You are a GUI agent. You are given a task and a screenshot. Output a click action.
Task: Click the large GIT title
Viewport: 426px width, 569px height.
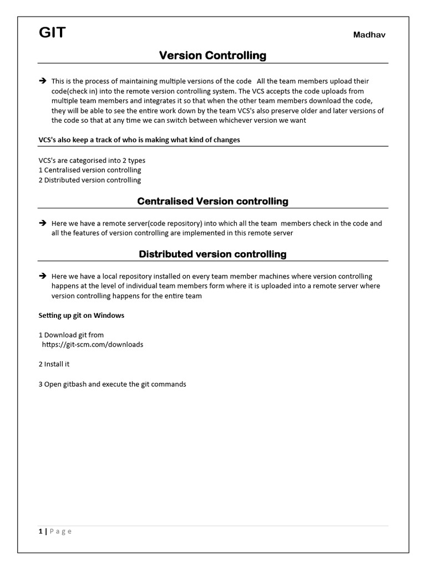(x=52, y=33)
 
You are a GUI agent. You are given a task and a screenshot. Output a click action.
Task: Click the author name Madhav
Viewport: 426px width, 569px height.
(x=369, y=35)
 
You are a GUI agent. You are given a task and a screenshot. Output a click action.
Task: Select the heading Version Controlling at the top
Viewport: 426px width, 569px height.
(x=212, y=56)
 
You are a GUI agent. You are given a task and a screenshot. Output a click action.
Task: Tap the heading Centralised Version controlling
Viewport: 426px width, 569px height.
(x=212, y=201)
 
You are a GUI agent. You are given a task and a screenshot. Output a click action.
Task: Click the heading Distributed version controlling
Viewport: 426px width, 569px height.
(x=212, y=254)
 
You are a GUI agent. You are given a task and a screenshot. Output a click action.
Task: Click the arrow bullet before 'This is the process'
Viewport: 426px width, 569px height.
(x=42, y=81)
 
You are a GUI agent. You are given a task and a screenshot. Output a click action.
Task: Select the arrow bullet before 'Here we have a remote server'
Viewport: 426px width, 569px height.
(x=42, y=223)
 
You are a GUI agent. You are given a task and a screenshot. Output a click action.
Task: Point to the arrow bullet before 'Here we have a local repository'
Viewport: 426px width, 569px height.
(x=42, y=276)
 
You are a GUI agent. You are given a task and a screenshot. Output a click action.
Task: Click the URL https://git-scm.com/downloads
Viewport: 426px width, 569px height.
(x=93, y=345)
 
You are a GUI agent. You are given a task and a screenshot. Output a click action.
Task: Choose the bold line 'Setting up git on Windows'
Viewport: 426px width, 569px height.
(x=81, y=315)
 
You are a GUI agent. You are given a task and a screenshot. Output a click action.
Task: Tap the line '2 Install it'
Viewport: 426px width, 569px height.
(x=54, y=364)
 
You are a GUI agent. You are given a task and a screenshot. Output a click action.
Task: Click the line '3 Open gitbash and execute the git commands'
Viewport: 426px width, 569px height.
(x=112, y=384)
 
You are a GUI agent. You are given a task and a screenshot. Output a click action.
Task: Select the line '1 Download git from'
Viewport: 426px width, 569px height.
(x=71, y=335)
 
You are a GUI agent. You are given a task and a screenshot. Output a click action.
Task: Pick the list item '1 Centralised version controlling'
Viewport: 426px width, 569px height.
(x=89, y=170)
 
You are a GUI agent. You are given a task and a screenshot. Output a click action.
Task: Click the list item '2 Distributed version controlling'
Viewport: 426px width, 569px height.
(x=89, y=180)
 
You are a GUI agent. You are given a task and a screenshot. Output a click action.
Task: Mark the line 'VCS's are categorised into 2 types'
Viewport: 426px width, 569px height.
(x=92, y=160)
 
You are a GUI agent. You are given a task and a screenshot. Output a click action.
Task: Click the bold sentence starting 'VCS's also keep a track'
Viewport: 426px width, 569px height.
(x=139, y=140)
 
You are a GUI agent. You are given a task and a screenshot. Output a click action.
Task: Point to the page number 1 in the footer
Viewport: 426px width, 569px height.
(x=40, y=531)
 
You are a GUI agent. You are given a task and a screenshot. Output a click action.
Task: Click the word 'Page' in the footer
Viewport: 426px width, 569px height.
(x=60, y=531)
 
